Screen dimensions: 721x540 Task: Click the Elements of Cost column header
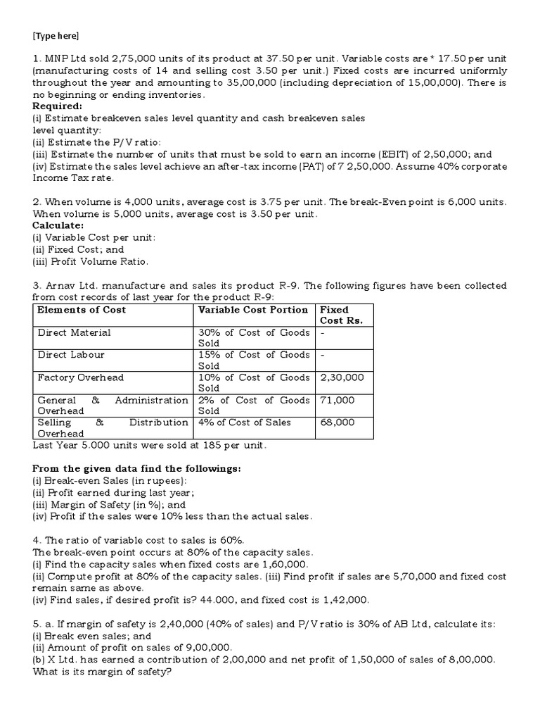[82, 310]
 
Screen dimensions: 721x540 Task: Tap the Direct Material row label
[75, 332]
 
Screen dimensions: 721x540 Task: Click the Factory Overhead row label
[80, 377]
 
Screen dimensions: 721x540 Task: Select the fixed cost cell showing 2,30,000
[342, 377]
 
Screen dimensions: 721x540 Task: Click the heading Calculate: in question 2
[57, 225]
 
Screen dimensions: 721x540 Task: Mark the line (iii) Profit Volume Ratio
[90, 261]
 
